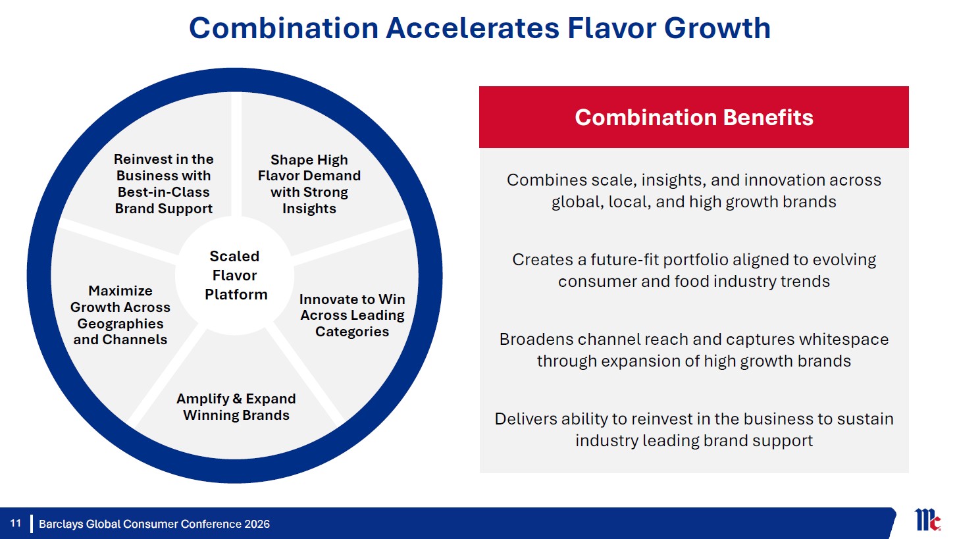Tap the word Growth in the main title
pyautogui.click(x=717, y=28)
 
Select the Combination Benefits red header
pyautogui.click(x=694, y=117)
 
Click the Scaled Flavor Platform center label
pyautogui.click(x=235, y=276)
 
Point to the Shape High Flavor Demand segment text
pyautogui.click(x=309, y=184)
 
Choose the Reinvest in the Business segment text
pyautogui.click(x=164, y=184)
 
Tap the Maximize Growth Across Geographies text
pyautogui.click(x=120, y=315)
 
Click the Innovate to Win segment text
pyautogui.click(x=352, y=315)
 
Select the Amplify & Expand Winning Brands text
pyautogui.click(x=236, y=407)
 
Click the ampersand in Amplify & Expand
pyautogui.click(x=237, y=398)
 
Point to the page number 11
pyautogui.click(x=16, y=523)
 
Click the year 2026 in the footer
pyautogui.click(x=257, y=524)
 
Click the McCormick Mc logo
pyautogui.click(x=927, y=520)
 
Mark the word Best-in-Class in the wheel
pyautogui.click(x=164, y=192)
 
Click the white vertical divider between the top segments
pyautogui.click(x=236, y=155)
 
